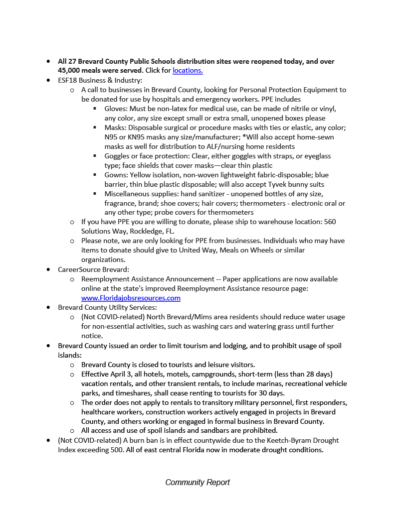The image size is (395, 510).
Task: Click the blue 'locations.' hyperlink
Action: click(x=188, y=71)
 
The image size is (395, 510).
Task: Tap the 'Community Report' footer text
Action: click(x=197, y=482)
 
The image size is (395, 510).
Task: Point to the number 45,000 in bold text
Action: click(x=69, y=71)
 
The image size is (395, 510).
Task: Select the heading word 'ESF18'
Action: click(x=68, y=80)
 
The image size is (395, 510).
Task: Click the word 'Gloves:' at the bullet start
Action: click(x=116, y=109)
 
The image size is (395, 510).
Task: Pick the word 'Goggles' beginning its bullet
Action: click(x=117, y=156)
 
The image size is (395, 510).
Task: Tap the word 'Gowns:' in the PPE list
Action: click(x=116, y=175)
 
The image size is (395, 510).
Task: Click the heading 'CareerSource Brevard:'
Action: click(x=93, y=269)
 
